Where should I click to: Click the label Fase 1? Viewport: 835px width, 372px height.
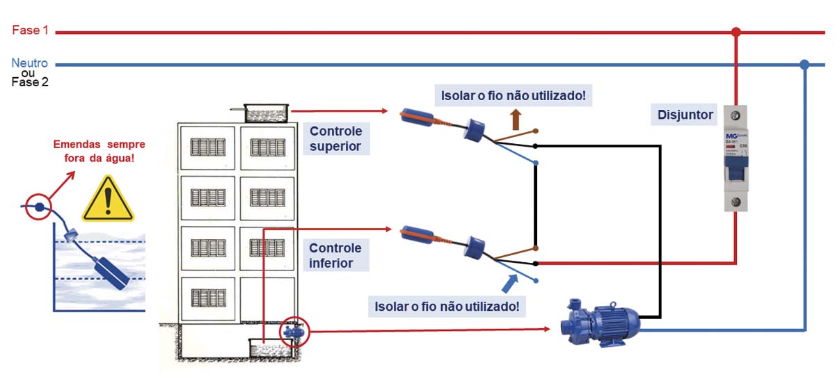click(30, 31)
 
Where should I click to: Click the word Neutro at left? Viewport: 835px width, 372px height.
click(29, 63)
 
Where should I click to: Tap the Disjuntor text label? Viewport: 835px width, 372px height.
click(685, 115)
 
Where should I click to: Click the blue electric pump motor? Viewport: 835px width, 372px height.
click(603, 323)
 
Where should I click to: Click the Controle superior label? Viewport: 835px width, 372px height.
click(335, 138)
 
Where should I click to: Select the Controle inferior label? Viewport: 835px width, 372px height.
click(335, 255)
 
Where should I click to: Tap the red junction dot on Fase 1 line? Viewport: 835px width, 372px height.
click(736, 32)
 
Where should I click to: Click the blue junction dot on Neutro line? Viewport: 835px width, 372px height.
click(804, 65)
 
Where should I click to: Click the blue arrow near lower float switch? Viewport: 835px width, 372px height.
click(510, 283)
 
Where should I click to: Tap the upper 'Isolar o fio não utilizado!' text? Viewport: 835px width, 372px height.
click(512, 95)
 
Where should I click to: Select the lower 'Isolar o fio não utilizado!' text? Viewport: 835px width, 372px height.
click(447, 305)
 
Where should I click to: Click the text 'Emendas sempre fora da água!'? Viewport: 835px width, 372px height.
click(100, 151)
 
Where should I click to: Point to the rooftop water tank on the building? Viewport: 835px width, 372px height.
click(267, 113)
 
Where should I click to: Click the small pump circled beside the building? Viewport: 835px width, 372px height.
click(294, 332)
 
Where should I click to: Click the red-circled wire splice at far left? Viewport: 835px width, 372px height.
click(39, 207)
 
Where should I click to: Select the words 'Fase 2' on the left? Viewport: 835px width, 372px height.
click(29, 82)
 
